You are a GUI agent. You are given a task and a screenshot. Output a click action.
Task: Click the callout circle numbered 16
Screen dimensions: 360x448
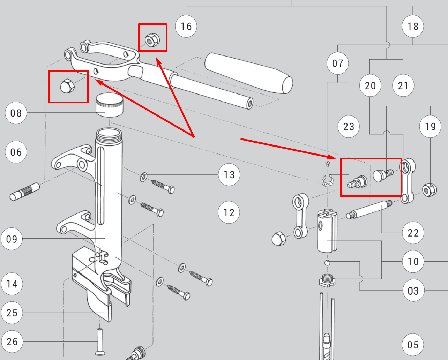(x=186, y=26)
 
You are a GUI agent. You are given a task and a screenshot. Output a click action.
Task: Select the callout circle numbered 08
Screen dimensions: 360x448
(x=16, y=113)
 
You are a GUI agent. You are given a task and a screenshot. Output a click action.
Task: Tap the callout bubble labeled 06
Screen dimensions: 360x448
(x=16, y=152)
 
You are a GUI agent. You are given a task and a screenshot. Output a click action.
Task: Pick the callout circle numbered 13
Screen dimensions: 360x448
(x=229, y=175)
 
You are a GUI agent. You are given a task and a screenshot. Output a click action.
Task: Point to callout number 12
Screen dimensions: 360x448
(x=229, y=212)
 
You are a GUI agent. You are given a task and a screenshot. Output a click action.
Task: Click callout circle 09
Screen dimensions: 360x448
(x=12, y=239)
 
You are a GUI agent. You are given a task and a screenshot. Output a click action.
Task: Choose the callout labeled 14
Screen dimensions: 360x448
(x=12, y=284)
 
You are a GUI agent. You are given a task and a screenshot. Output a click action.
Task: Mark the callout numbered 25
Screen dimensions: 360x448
(x=12, y=313)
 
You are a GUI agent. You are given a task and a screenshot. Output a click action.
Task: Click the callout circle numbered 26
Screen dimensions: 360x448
(x=12, y=342)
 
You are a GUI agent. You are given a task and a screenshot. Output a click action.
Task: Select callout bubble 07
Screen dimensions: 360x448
(x=337, y=63)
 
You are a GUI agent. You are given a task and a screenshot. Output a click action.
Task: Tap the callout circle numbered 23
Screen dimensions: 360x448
(x=349, y=126)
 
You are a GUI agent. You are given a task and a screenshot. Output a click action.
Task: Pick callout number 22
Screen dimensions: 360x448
(x=413, y=233)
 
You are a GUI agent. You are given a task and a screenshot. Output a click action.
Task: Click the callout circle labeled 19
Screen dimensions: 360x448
(x=430, y=126)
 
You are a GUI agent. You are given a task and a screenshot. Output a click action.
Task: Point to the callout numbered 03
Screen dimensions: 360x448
(x=413, y=291)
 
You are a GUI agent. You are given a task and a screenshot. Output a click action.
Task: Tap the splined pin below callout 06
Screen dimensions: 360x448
(x=25, y=192)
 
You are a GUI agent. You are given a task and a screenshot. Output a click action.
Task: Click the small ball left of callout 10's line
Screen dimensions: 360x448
(x=327, y=263)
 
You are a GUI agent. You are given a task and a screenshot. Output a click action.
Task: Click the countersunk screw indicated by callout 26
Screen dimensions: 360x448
(x=100, y=342)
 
